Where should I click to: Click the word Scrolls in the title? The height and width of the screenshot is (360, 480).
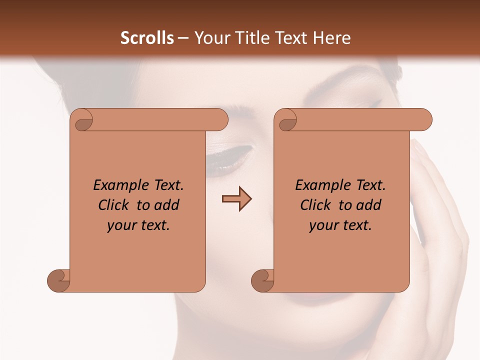pyautogui.click(x=147, y=38)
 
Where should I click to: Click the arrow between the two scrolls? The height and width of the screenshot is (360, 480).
pyautogui.click(x=236, y=199)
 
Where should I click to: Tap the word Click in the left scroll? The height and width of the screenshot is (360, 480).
pyautogui.click(x=114, y=205)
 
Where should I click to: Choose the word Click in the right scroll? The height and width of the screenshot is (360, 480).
pyautogui.click(x=316, y=205)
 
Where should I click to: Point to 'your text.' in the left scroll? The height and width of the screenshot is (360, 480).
pyautogui.click(x=138, y=225)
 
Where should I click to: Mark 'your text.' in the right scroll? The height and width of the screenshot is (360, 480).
pyautogui.click(x=340, y=225)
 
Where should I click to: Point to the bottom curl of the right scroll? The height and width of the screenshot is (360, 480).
pyautogui.click(x=263, y=280)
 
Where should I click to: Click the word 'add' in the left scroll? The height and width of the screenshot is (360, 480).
pyautogui.click(x=167, y=205)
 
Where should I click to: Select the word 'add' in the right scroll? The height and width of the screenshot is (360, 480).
pyautogui.click(x=369, y=205)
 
